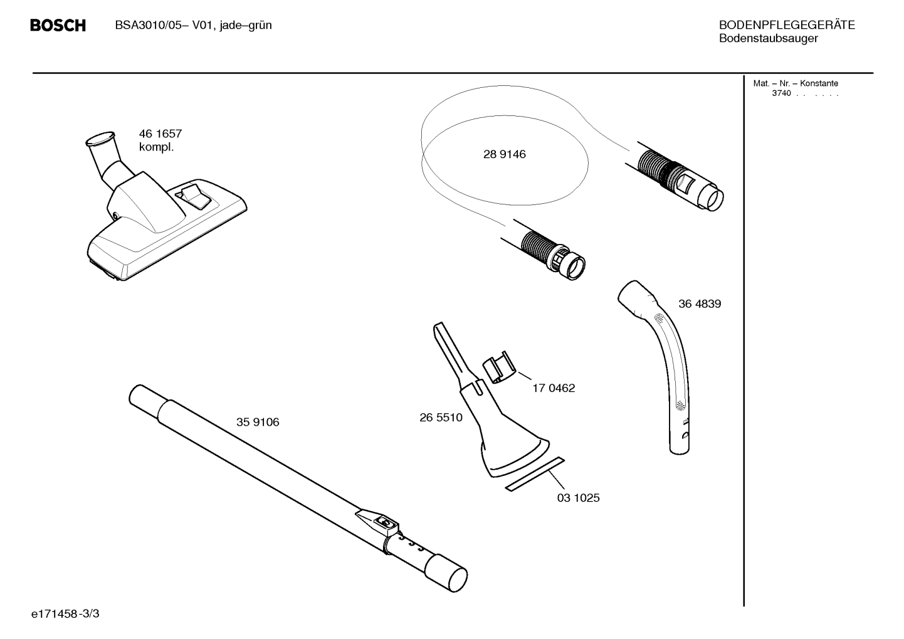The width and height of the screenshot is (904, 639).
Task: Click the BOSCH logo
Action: click(58, 26)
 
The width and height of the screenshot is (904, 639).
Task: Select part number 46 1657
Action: click(160, 134)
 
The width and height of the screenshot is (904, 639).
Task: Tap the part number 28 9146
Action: click(505, 154)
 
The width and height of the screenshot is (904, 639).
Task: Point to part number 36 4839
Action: click(700, 304)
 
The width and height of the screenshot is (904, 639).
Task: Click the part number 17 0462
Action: click(554, 388)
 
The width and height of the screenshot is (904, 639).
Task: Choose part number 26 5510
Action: click(441, 418)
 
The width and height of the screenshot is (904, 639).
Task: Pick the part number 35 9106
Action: click(258, 422)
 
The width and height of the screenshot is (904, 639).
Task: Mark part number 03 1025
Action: click(578, 498)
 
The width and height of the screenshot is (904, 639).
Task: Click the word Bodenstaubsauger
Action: click(769, 38)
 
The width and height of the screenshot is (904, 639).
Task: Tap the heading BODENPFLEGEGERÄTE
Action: click(787, 25)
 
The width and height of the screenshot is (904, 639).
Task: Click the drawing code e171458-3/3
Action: click(65, 614)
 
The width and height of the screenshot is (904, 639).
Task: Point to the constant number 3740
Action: click(781, 93)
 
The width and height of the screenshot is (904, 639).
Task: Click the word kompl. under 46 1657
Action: click(156, 147)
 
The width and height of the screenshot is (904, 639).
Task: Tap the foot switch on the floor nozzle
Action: click(193, 196)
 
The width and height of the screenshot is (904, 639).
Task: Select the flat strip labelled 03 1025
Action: click(535, 474)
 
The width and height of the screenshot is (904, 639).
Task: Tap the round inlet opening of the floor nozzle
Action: click(100, 138)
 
